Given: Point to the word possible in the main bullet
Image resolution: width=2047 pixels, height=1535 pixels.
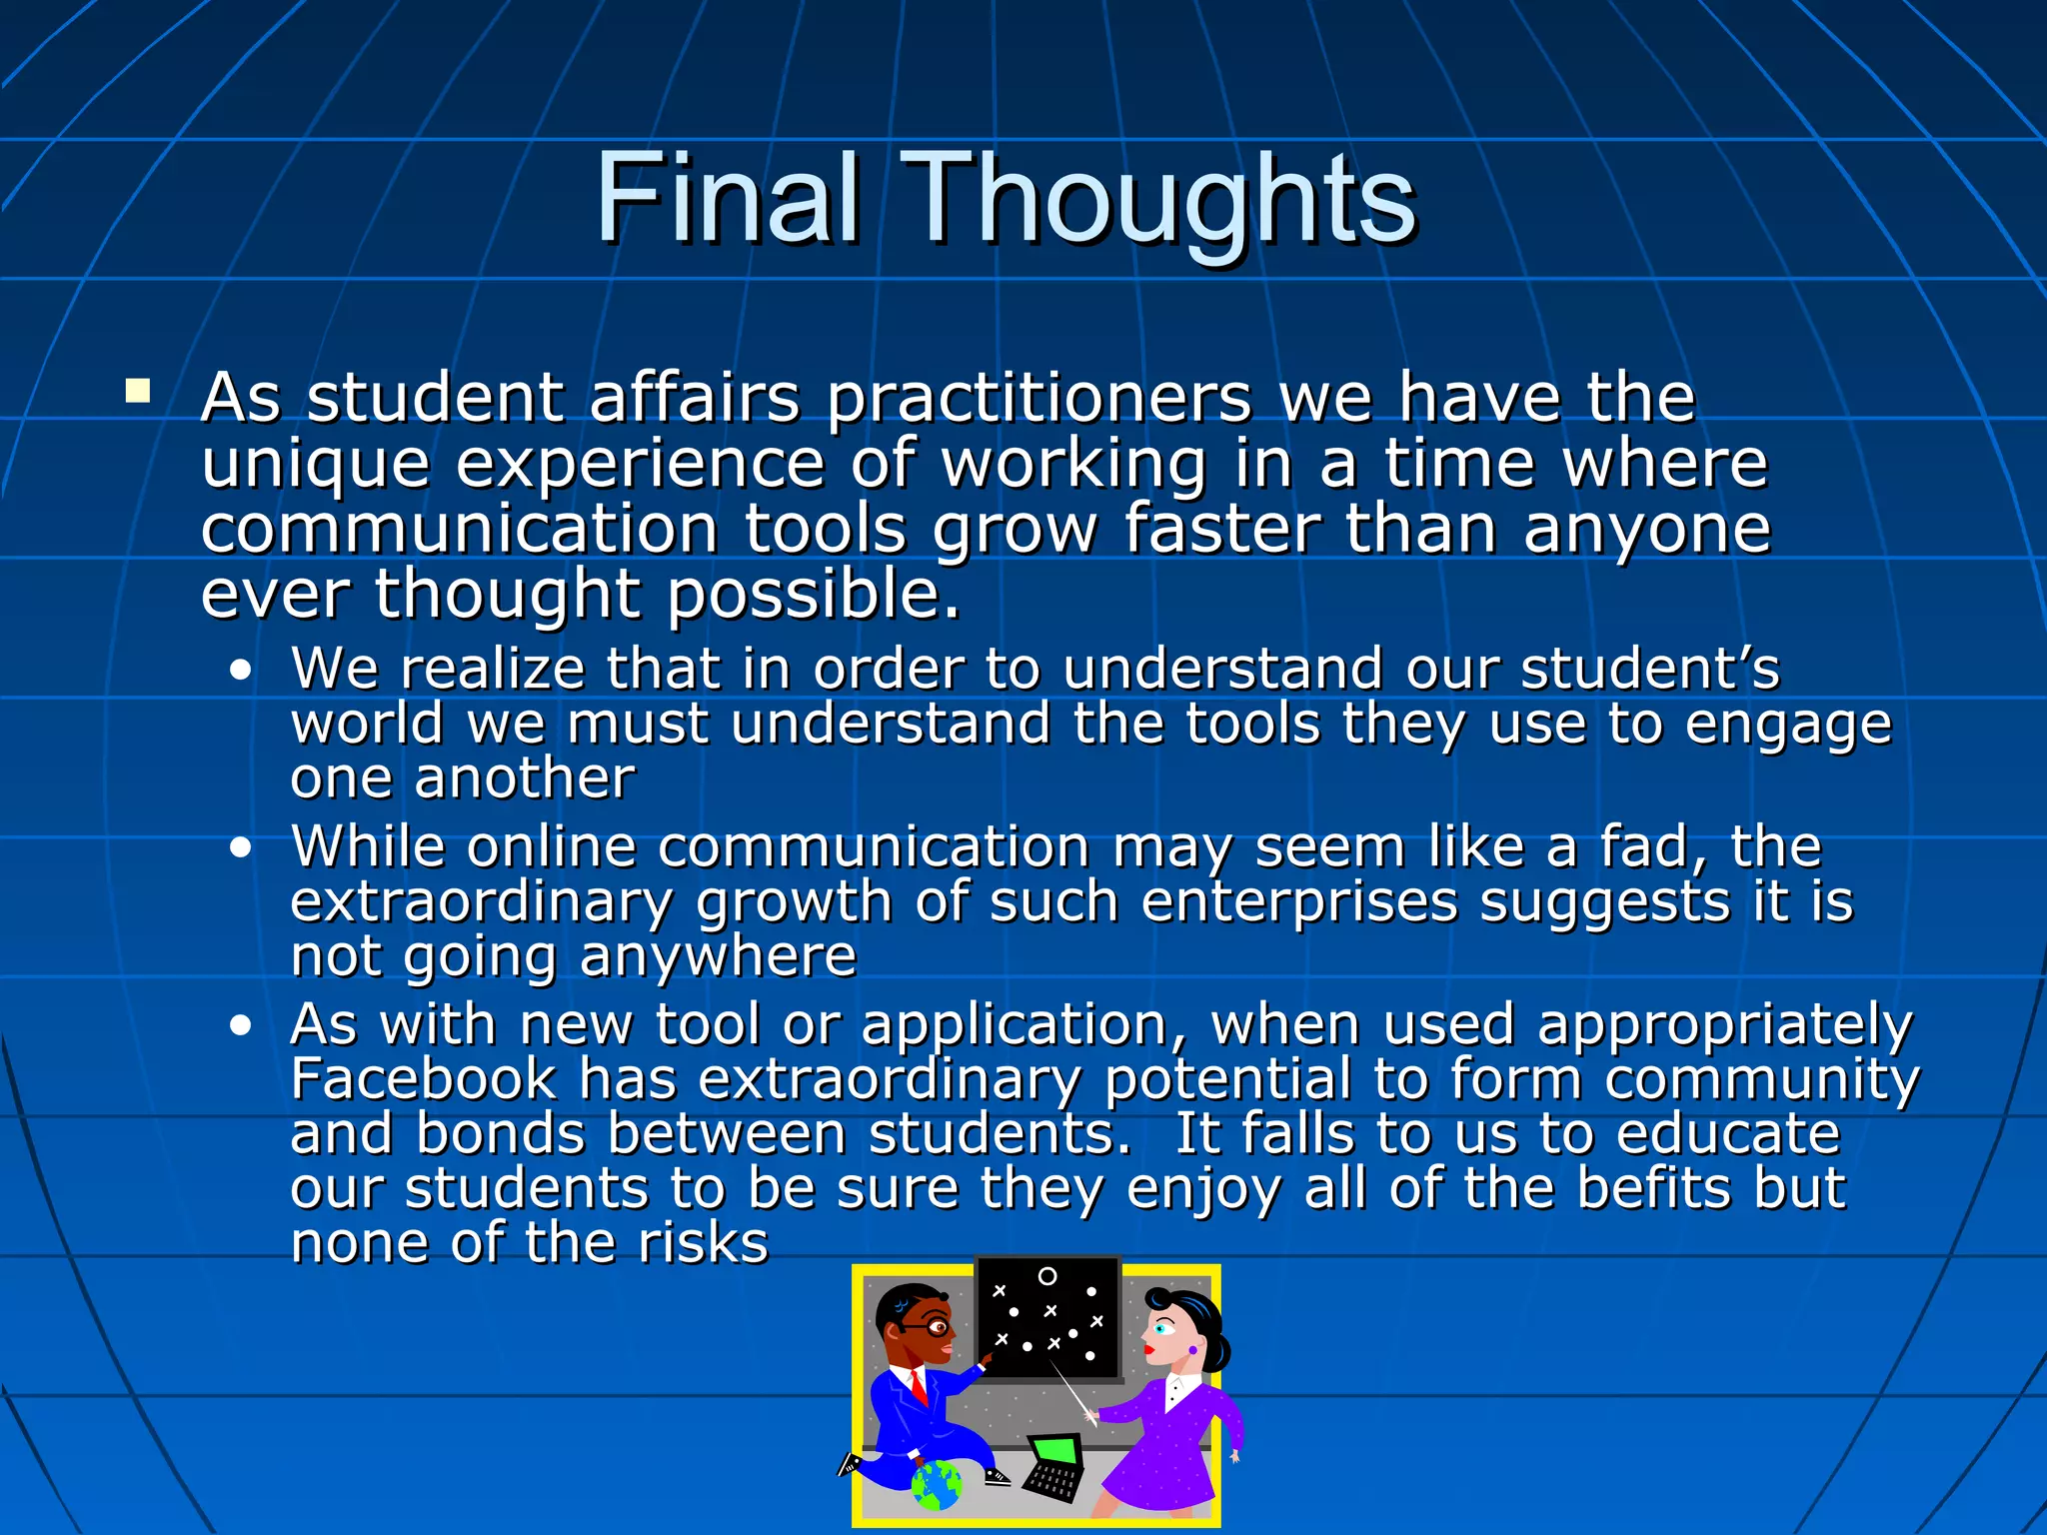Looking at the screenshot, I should [813, 596].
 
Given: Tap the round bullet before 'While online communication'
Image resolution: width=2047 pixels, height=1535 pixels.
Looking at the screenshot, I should [240, 848].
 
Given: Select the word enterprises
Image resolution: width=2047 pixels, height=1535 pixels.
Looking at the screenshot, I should [1299, 903].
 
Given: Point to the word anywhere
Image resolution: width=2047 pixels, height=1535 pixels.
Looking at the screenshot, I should [718, 957].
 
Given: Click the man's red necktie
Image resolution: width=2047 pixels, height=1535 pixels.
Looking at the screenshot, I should [919, 1387].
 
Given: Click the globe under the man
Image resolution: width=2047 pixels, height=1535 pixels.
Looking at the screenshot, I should [937, 1485].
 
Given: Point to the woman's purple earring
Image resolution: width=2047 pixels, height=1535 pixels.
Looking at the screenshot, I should [1192, 1350].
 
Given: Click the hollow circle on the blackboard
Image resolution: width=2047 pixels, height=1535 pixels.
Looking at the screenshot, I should [1047, 1276].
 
